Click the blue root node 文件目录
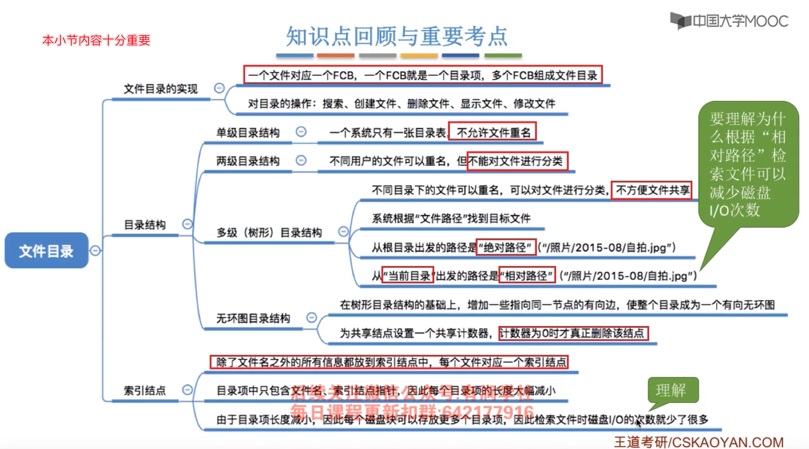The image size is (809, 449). point(46,251)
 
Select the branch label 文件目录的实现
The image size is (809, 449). point(160,89)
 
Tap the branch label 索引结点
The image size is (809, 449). point(145,390)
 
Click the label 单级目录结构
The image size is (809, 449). point(248,133)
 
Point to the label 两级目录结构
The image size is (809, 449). point(248,161)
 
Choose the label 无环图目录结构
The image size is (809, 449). point(253,318)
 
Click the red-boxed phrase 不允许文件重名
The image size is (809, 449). point(493,132)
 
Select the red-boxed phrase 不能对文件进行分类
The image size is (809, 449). point(517,161)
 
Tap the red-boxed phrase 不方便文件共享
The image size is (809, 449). point(652,190)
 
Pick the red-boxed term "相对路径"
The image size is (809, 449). point(527,276)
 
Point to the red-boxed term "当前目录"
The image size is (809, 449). point(408,276)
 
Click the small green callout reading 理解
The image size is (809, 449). point(673,390)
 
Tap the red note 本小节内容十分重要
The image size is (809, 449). point(96,40)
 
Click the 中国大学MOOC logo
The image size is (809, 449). point(729,22)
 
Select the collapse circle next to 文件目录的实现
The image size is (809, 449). point(219,88)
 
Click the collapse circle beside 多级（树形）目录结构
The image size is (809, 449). point(343,232)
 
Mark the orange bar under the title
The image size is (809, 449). point(336,56)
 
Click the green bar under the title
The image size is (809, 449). point(503,56)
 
